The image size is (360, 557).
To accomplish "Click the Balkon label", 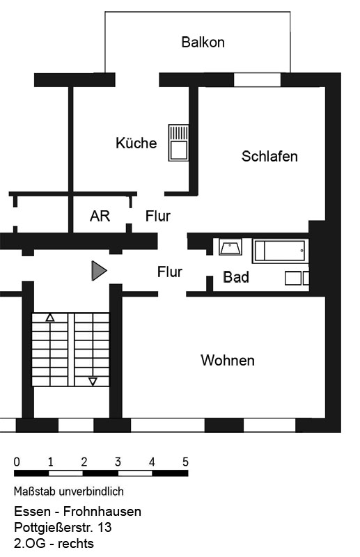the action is (x=203, y=42).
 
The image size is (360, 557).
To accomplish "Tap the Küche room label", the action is (x=136, y=143).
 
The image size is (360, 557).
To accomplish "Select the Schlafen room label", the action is (x=269, y=156).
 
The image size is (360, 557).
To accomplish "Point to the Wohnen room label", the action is (x=228, y=360).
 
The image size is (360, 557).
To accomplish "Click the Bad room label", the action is (x=236, y=277).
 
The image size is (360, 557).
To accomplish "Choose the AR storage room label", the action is (x=100, y=216).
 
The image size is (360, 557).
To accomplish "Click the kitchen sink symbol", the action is (x=178, y=143).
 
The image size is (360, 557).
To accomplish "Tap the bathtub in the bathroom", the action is (x=281, y=251).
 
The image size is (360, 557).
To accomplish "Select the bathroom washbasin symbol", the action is (x=230, y=247).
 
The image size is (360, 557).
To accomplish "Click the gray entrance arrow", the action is (x=99, y=271).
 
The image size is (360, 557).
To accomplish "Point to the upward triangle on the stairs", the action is (x=50, y=317).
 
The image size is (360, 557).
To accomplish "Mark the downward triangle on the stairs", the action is (x=93, y=382).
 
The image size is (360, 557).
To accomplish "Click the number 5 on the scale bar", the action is (x=185, y=462).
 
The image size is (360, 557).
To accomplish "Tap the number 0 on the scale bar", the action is (x=17, y=462).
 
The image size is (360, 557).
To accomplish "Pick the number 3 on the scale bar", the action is (x=118, y=462).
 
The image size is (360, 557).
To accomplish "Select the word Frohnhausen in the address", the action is (x=102, y=511).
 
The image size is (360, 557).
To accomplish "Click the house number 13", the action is (x=104, y=527).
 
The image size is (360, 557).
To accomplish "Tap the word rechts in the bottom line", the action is (x=76, y=544).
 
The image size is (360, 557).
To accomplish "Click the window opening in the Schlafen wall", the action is (x=258, y=80).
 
